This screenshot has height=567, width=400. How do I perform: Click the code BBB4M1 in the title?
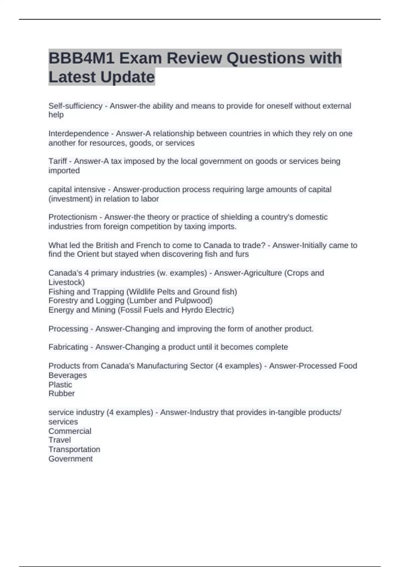(x=82, y=58)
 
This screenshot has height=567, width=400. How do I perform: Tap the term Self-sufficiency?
(x=75, y=106)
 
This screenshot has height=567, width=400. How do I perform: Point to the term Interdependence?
(x=78, y=134)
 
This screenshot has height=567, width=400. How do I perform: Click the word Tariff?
(x=57, y=161)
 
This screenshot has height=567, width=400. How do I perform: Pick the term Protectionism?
(x=73, y=217)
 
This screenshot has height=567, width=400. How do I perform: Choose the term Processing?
(x=68, y=329)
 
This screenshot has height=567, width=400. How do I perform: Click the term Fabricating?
(x=68, y=347)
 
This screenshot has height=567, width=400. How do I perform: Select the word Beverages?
(x=67, y=375)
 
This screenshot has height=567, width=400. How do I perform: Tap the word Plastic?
(x=60, y=385)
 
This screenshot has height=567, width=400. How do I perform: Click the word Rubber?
(x=61, y=394)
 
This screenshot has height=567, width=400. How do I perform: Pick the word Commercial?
(x=70, y=431)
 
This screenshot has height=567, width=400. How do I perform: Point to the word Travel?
(x=59, y=440)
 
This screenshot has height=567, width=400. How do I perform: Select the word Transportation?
(x=74, y=449)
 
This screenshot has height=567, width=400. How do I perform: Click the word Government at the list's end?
(x=70, y=459)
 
